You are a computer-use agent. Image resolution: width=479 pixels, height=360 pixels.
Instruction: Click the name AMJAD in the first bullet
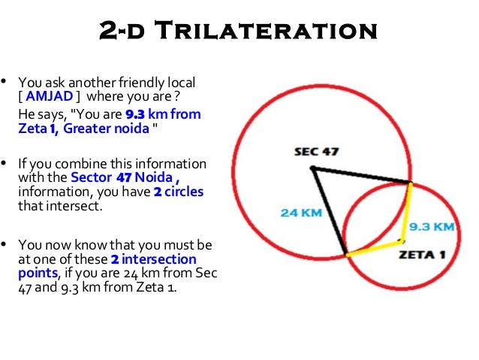[51, 96]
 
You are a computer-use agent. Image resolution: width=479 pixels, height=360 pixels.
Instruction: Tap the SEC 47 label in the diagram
[316, 151]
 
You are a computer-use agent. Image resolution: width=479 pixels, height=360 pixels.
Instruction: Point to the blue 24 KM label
[301, 213]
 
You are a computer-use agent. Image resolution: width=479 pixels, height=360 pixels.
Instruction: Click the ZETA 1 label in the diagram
[421, 254]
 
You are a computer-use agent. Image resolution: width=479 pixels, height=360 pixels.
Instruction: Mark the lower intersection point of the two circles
[346, 256]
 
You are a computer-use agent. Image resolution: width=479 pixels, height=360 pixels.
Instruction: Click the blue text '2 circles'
[179, 192]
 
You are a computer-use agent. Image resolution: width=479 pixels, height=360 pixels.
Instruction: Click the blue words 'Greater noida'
[106, 128]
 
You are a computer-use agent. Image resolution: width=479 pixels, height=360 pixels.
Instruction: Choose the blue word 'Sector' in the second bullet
[91, 178]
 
